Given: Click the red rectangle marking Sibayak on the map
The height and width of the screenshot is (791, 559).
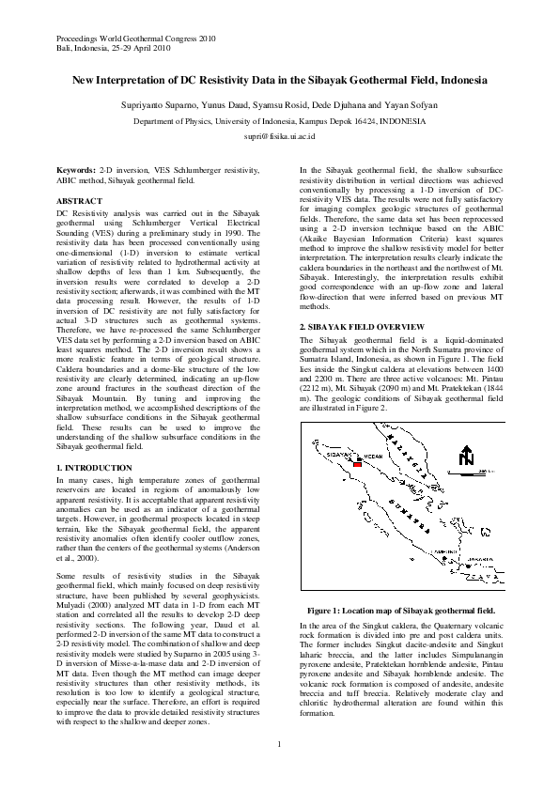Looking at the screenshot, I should point(357,464).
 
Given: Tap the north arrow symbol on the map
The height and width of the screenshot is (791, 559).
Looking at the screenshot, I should point(467,456).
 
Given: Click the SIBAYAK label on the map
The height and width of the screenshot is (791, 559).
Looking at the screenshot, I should point(339,455).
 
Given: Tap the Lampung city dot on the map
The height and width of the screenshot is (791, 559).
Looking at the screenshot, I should point(444,559).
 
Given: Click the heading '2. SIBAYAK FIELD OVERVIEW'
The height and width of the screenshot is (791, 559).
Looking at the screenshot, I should point(363,325).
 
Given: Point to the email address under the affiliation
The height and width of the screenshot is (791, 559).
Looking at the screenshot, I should point(279,136).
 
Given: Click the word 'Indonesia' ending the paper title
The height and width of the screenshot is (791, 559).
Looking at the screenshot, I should point(460,81).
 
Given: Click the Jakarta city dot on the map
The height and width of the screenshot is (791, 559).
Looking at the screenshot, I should point(469,566).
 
